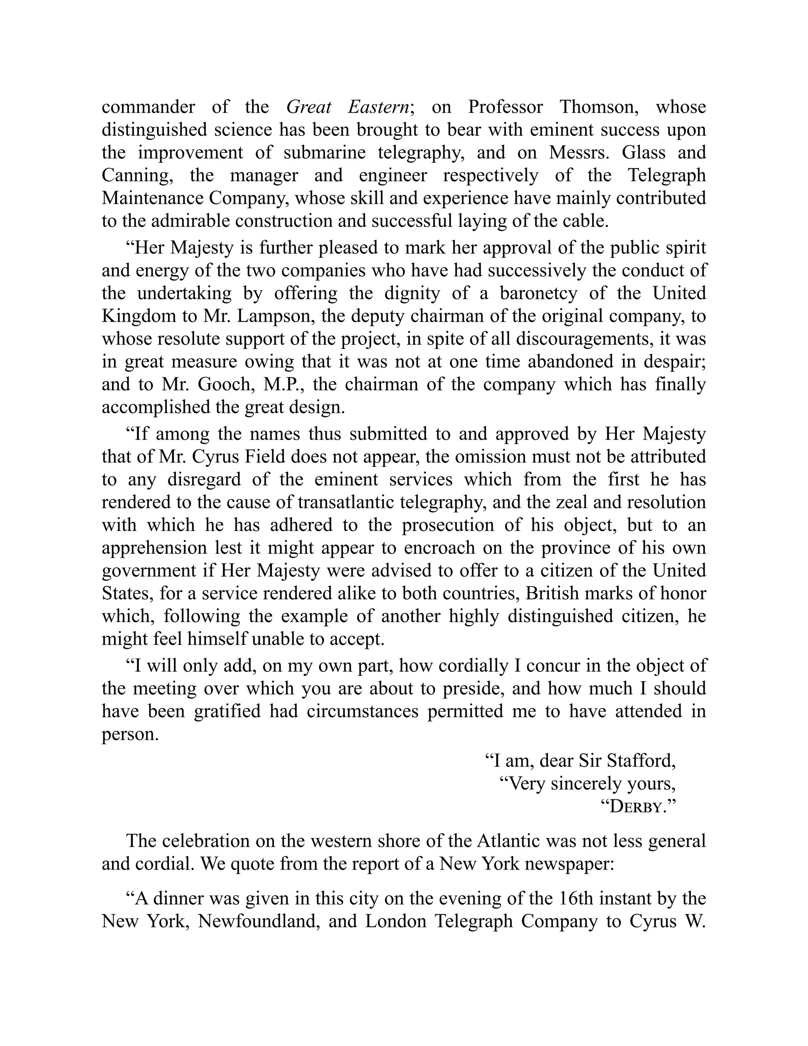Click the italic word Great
tap(309, 107)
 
